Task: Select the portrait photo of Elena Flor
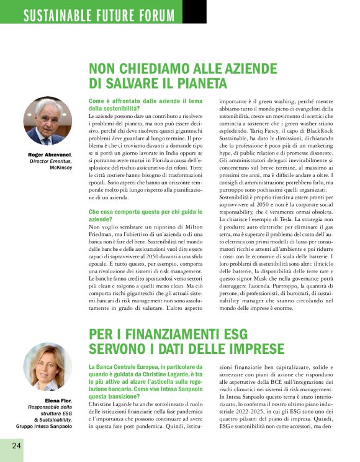[x=48, y=367]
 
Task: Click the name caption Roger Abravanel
[x=50, y=155]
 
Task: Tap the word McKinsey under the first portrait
[x=61, y=167]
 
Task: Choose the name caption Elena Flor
[x=59, y=401]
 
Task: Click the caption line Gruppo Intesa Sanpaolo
[x=46, y=426]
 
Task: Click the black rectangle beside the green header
[x=195, y=12]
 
